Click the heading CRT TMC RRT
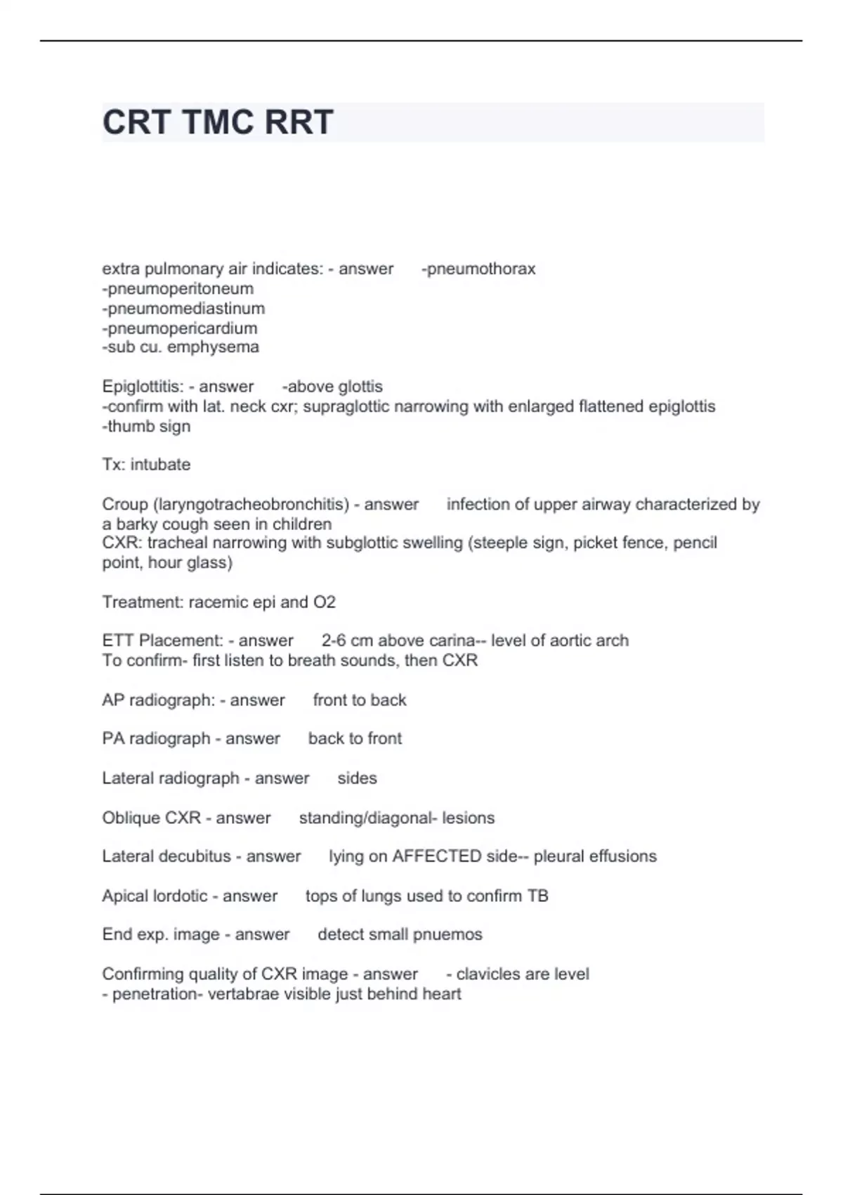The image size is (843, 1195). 218,122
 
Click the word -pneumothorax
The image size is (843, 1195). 478,269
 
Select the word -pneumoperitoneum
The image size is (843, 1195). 178,288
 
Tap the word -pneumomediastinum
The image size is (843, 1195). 183,308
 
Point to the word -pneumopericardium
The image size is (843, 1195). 180,328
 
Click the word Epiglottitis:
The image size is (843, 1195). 143,386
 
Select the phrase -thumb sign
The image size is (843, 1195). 146,426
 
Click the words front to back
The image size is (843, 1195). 360,700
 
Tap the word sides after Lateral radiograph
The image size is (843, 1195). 357,778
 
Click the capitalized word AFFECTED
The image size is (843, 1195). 436,856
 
